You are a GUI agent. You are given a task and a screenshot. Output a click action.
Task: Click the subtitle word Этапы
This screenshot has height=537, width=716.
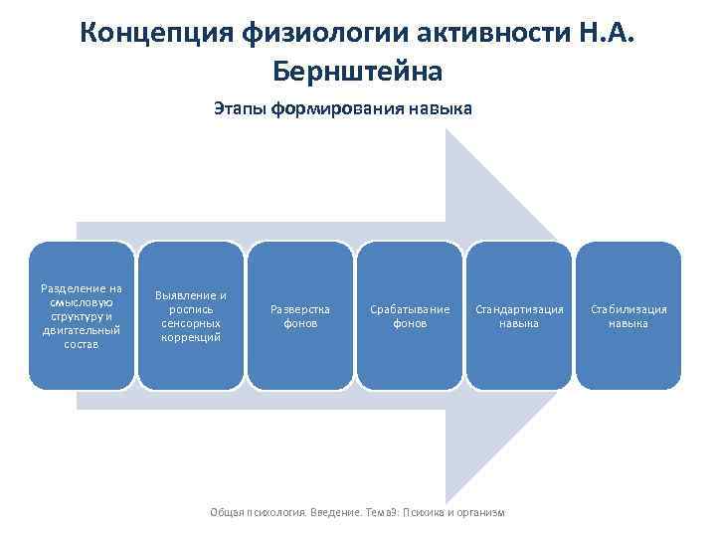pyautogui.click(x=239, y=108)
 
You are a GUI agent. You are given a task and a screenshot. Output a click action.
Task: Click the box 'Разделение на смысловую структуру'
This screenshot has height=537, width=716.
pyautogui.click(x=81, y=315)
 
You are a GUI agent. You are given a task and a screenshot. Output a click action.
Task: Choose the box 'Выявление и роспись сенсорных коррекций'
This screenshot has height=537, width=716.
pyautogui.click(x=190, y=315)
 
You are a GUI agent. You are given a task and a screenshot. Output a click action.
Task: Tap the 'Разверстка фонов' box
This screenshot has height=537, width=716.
pyautogui.click(x=299, y=315)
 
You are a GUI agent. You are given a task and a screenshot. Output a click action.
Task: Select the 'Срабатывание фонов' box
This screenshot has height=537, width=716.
pyautogui.click(x=410, y=315)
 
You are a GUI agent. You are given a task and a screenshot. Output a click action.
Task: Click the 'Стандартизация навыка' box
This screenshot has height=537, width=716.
pyautogui.click(x=519, y=315)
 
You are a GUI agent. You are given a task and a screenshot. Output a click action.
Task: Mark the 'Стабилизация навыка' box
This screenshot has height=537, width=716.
pyautogui.click(x=628, y=315)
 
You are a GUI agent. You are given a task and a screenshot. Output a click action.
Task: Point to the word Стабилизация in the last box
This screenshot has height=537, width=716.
pyautogui.click(x=628, y=309)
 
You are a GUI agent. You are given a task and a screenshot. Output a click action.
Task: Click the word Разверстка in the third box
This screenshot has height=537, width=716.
pyautogui.click(x=299, y=309)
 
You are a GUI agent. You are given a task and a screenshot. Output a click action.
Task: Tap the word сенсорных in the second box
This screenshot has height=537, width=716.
pyautogui.click(x=190, y=323)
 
